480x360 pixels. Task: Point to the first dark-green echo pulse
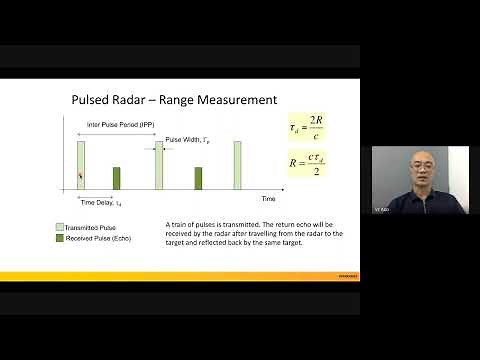pos(116,178)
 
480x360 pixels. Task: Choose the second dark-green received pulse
pos(197,178)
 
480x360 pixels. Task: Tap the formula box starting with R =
pos(306,164)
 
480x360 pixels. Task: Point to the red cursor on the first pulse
pos(81,177)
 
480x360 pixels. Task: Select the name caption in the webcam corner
pos(381,210)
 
